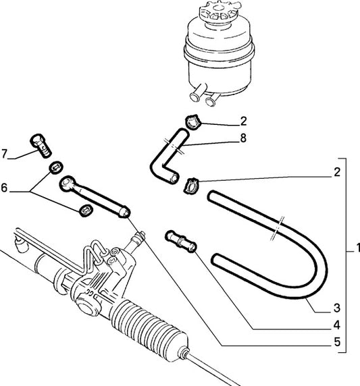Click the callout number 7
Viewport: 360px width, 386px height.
[x=4, y=154]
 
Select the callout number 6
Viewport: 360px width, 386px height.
[x=4, y=188]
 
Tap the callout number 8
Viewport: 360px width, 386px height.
[x=243, y=138]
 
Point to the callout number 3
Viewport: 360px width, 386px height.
[x=337, y=308]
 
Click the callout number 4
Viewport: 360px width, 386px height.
[x=337, y=325]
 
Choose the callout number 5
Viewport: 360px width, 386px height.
[x=337, y=341]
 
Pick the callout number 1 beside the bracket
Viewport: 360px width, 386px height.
[x=357, y=248]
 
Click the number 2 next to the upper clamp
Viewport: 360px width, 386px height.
[x=243, y=121]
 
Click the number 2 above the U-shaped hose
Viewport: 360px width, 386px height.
[x=337, y=172]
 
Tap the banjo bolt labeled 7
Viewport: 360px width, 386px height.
[x=41, y=145]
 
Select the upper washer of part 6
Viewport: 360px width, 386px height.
[x=57, y=167]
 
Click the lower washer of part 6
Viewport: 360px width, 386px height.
[x=86, y=210]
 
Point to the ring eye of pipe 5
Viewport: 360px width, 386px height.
[x=67, y=183]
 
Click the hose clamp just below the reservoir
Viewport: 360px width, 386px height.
[x=193, y=121]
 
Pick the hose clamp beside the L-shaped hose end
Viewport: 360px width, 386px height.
[x=191, y=186]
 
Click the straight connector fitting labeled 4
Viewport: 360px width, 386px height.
[x=180, y=241]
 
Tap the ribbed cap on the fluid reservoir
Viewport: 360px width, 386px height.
[x=220, y=11]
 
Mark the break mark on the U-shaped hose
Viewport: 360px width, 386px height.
[x=277, y=229]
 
